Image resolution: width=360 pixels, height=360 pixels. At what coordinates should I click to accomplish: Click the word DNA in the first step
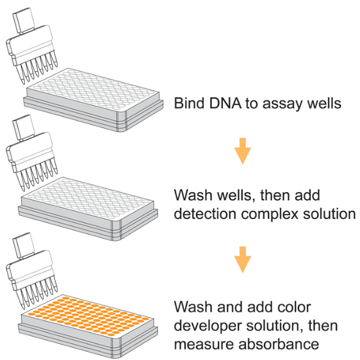[225, 103]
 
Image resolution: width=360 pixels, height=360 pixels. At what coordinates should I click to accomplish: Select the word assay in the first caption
[282, 104]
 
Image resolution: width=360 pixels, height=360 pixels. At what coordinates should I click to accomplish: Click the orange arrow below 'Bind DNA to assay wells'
[243, 151]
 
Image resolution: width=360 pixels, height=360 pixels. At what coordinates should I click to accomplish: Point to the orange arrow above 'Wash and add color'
[243, 259]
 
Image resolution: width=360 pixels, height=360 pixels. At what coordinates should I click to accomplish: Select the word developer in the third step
[208, 327]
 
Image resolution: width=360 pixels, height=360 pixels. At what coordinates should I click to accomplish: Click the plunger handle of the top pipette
[24, 20]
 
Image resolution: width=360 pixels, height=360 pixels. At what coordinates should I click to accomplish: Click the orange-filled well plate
[88, 327]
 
